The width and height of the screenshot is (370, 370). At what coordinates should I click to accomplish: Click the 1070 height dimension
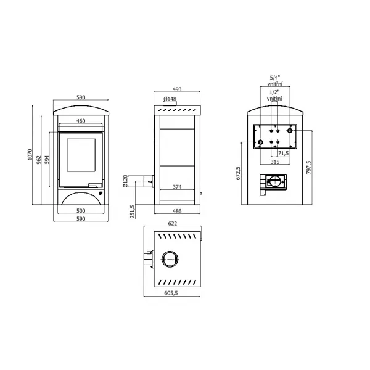tap(30, 155)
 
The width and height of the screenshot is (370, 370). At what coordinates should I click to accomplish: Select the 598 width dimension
tap(81, 97)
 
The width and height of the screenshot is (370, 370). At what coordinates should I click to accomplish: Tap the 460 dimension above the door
tap(81, 121)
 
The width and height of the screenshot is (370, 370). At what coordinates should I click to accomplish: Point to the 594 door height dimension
tap(47, 160)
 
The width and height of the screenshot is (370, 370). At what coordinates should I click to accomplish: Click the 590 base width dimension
tap(81, 219)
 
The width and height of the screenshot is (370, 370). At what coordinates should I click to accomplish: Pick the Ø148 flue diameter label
tap(170, 99)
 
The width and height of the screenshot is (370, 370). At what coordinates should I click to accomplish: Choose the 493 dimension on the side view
tap(177, 89)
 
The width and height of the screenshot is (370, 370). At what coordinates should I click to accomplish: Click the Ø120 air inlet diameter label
tap(125, 181)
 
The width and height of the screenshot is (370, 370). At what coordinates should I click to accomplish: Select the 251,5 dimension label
tap(133, 212)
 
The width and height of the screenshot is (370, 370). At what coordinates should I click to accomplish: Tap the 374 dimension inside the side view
tap(177, 187)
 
